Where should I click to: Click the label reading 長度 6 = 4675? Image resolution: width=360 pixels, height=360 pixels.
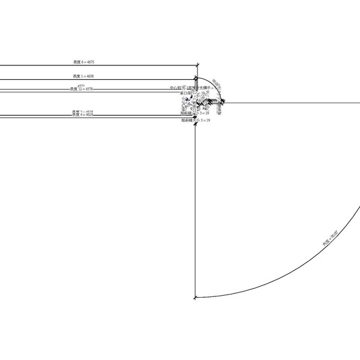83,62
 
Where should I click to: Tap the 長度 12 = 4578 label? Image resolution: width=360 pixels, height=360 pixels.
82,89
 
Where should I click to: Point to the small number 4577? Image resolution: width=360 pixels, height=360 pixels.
81,85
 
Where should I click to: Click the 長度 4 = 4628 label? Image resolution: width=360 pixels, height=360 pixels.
82,115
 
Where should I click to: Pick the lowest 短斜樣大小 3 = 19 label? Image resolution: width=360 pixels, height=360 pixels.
196,121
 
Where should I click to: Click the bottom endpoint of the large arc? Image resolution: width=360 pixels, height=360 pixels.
196,298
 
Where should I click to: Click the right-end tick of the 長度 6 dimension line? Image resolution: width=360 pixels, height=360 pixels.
197,65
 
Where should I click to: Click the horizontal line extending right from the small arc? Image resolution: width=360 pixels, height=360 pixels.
288,103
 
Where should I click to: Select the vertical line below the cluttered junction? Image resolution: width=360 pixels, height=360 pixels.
196,210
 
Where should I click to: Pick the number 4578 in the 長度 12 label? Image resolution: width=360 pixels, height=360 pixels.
88,89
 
